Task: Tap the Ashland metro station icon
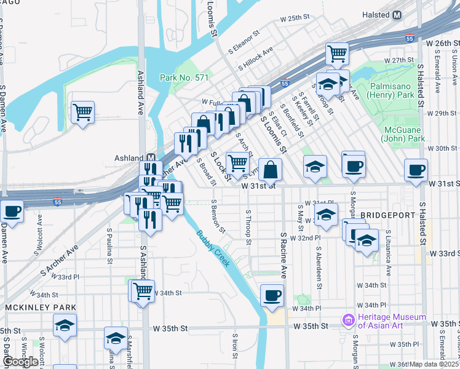point(149,158)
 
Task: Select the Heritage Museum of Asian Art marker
point(349,320)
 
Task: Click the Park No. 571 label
point(184,77)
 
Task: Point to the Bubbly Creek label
point(213,248)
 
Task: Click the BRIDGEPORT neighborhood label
point(384,215)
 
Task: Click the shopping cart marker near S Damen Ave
point(82,113)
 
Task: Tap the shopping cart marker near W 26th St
point(337,54)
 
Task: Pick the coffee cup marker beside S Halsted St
point(416,170)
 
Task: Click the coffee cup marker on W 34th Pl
point(272,295)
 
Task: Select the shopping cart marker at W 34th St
point(143,290)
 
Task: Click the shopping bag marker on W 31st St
point(270,169)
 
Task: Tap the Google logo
point(20,361)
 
